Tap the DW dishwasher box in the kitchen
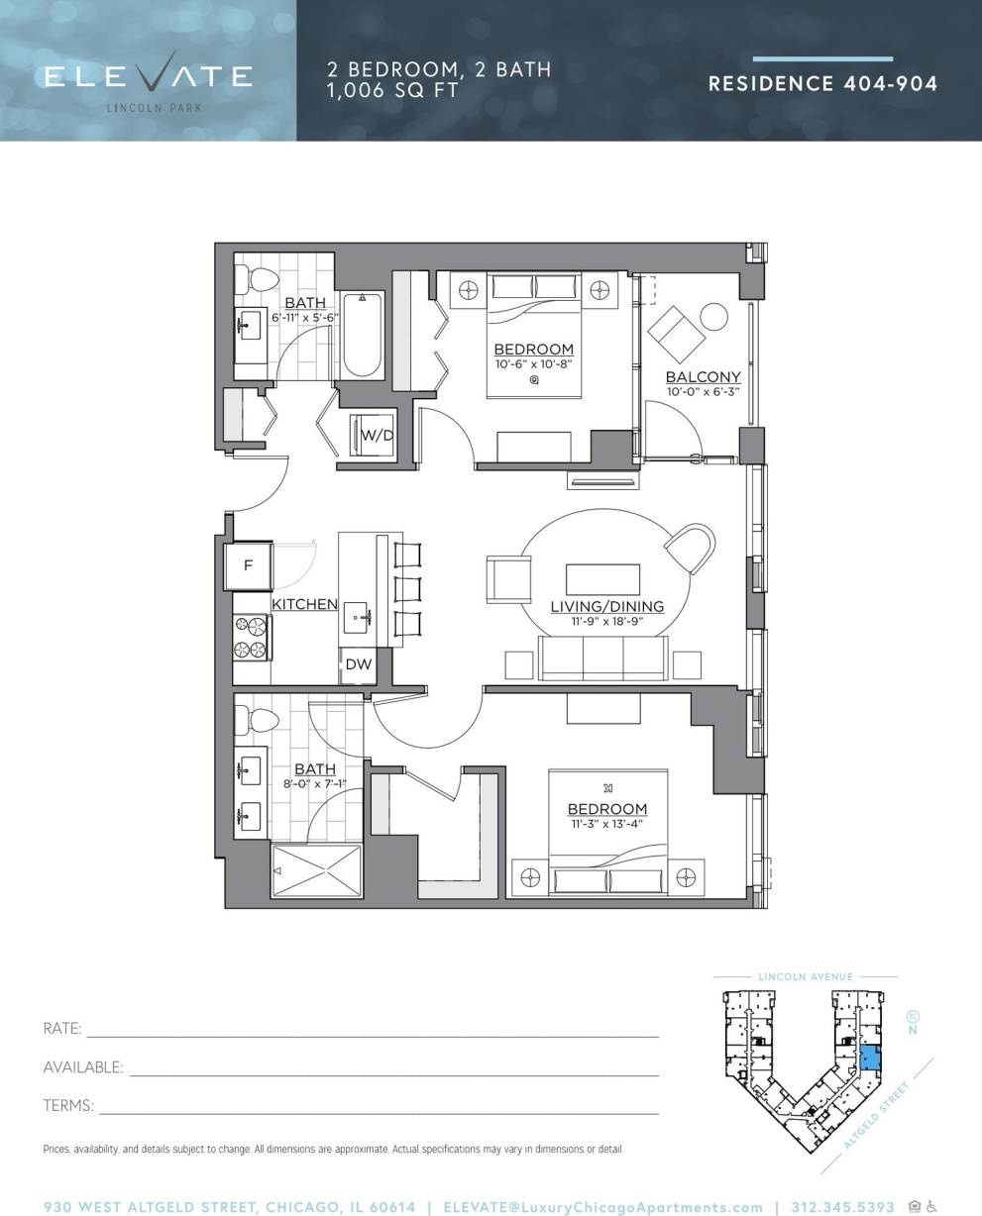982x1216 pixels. [x=359, y=664]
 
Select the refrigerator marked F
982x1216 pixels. [x=249, y=566]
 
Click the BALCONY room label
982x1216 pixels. [x=703, y=377]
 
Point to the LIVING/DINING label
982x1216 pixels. [x=606, y=606]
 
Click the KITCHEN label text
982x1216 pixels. [x=304, y=603]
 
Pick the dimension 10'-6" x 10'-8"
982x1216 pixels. [x=533, y=364]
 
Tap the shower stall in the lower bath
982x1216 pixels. [x=318, y=872]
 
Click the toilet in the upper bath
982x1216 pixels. [x=263, y=277]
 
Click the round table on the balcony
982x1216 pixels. [x=713, y=317]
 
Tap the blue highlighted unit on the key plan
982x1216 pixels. [x=869, y=1059]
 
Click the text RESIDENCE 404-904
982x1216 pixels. [x=822, y=83]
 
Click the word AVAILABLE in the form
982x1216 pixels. [x=83, y=1067]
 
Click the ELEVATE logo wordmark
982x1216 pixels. [x=149, y=76]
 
